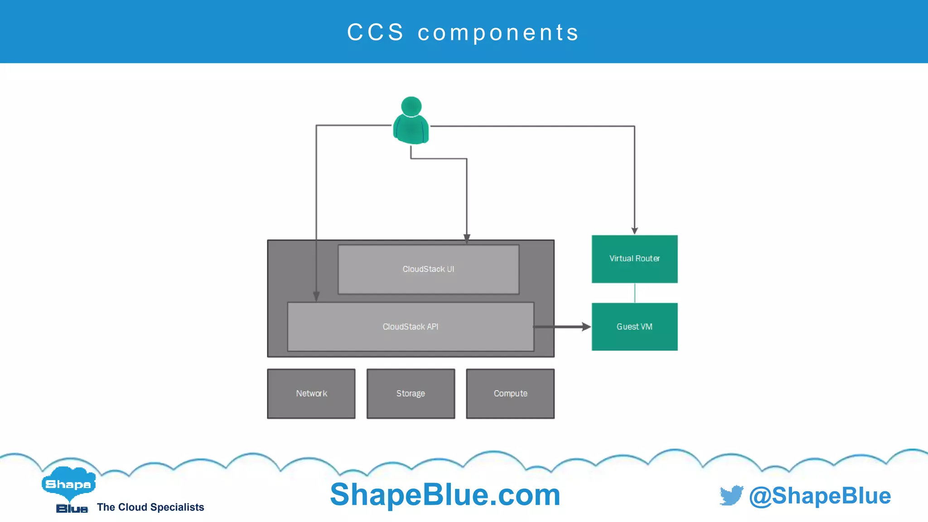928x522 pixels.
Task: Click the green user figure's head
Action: (x=411, y=106)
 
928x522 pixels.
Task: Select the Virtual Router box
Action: (x=634, y=259)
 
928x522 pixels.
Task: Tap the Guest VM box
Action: (x=634, y=327)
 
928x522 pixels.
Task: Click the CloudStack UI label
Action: (x=428, y=269)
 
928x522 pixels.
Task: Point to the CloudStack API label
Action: (x=411, y=327)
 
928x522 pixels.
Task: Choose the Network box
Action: (x=311, y=393)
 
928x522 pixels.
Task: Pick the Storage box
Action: (x=411, y=393)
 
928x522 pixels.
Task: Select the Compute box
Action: (x=510, y=393)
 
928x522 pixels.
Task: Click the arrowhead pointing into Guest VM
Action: (x=586, y=327)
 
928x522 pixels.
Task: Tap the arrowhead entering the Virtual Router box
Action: (x=634, y=231)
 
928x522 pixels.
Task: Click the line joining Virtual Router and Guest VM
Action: (x=634, y=293)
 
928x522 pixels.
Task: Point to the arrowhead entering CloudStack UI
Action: (x=467, y=238)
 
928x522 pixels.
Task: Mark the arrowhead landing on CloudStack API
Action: (x=316, y=296)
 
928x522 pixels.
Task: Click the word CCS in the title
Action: (x=376, y=33)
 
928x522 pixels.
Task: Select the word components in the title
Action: (x=498, y=33)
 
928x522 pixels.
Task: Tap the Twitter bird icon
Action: (x=731, y=495)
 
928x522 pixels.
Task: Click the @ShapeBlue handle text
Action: (x=820, y=496)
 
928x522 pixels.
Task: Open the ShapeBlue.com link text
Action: (x=445, y=494)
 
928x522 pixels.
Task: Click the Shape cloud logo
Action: (x=68, y=484)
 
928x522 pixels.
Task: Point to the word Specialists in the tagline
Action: (x=177, y=507)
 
